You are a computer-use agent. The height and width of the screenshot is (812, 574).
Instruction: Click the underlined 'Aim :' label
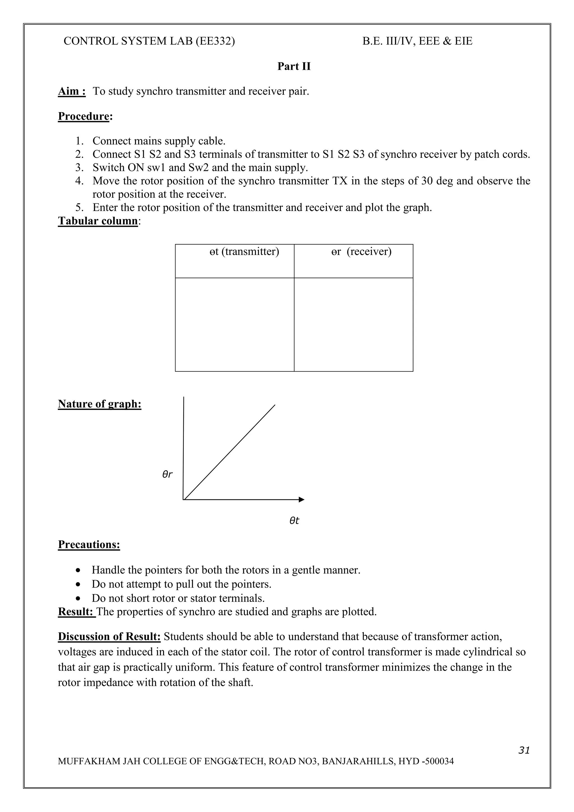[72, 91]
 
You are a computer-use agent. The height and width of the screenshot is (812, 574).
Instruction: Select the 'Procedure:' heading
[85, 116]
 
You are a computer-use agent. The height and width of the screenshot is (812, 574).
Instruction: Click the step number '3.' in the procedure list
[79, 167]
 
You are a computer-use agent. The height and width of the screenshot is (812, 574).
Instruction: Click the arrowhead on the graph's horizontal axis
[301, 499]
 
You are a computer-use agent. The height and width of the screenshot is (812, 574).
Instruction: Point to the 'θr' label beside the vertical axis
[167, 474]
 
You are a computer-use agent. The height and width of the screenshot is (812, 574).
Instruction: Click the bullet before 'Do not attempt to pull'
[78, 584]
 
